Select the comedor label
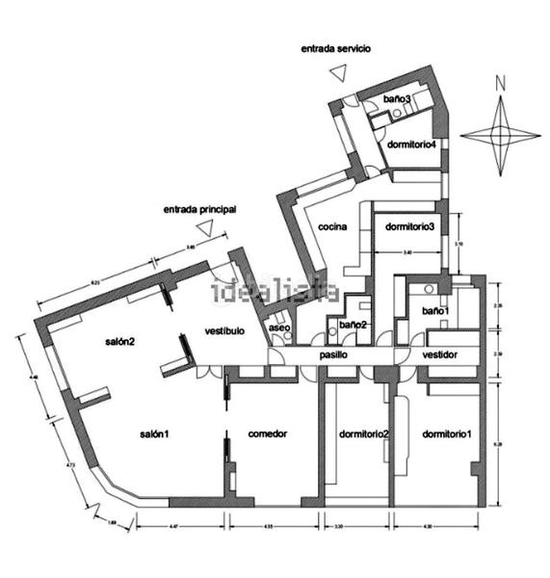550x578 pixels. tap(267, 433)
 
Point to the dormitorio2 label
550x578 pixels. tap(364, 433)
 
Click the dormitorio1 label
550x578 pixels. tap(447, 433)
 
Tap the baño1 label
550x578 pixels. tap(430, 311)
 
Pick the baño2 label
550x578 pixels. tap(353, 325)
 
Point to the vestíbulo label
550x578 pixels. tap(224, 330)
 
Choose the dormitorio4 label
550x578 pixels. tap(412, 144)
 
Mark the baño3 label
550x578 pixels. tap(397, 99)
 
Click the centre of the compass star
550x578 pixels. tap(500, 135)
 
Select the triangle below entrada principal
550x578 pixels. tap(203, 227)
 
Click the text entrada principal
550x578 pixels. tap(199, 208)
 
